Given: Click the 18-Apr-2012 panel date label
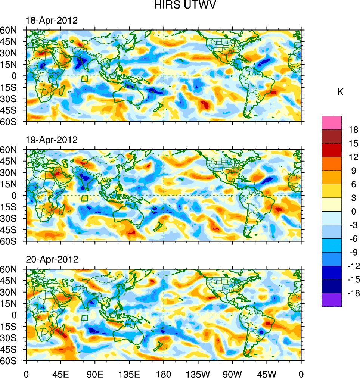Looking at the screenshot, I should (52, 21).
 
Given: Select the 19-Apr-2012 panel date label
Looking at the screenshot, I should (52, 140).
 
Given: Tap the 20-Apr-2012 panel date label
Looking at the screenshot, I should (52, 259).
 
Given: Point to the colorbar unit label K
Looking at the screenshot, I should (340, 93).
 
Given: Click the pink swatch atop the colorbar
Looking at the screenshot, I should (332, 122).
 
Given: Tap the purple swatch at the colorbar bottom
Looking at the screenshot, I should (332, 300).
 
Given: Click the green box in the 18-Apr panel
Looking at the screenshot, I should (84, 78).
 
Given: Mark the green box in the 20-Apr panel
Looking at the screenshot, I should (84, 318).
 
